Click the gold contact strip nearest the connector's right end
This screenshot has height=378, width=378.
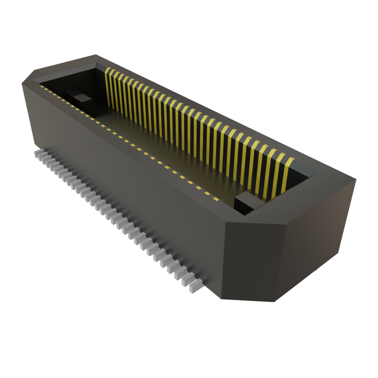(x=288, y=173)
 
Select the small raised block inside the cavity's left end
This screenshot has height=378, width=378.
(x=81, y=97)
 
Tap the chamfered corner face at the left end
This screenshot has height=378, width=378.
(x=28, y=111)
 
